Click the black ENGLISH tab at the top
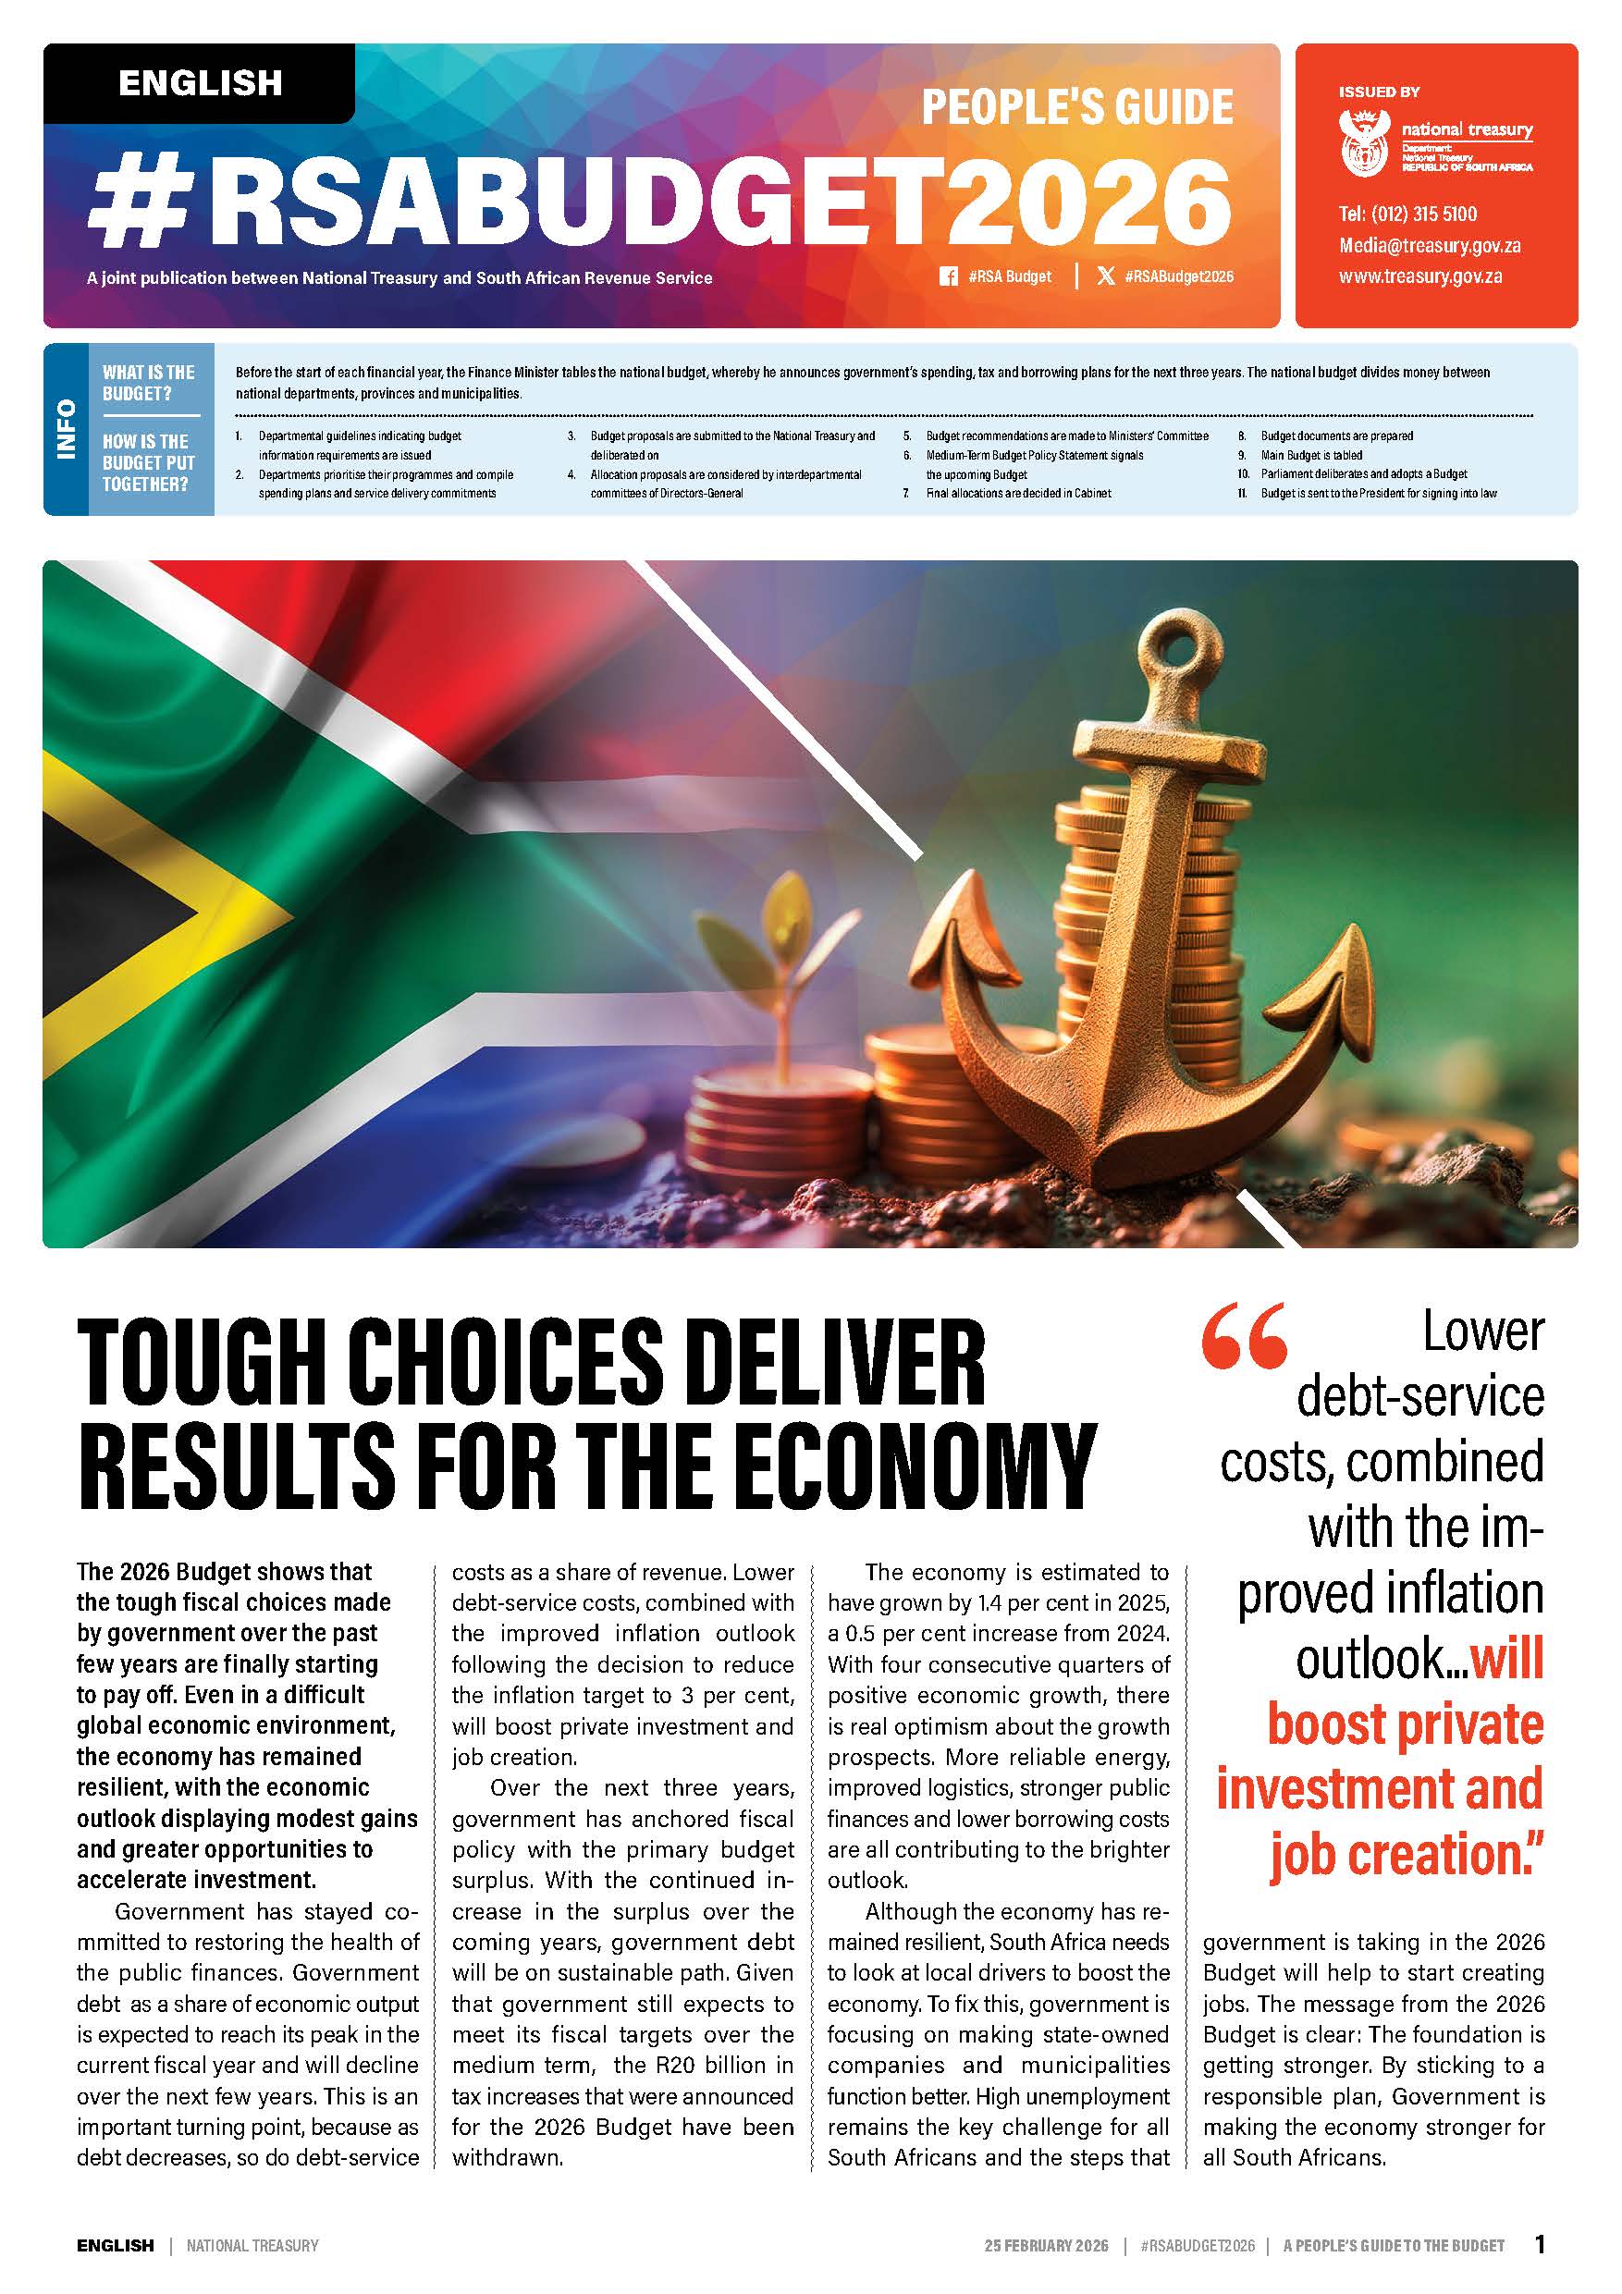(x=200, y=83)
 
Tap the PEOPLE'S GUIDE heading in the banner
(x=1076, y=107)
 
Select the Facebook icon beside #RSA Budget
(x=949, y=276)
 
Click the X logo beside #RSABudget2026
(x=1105, y=276)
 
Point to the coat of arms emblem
(x=1364, y=143)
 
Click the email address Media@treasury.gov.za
(x=1429, y=246)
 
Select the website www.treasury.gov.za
(x=1420, y=276)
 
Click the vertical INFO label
(x=66, y=430)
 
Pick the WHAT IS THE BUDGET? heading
(x=148, y=383)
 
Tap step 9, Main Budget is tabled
(x=1310, y=455)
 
